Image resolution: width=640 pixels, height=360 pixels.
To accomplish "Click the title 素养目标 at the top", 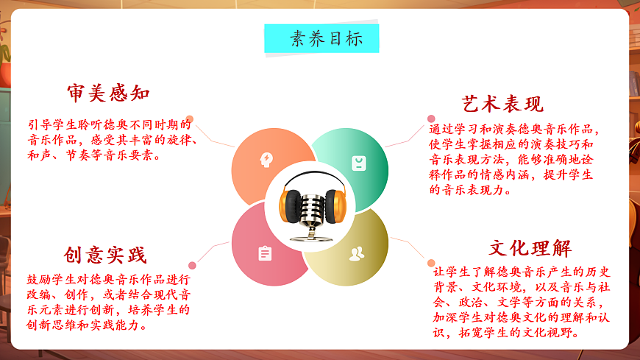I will (x=321, y=38).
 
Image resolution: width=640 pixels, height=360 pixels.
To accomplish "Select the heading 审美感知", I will (x=109, y=93).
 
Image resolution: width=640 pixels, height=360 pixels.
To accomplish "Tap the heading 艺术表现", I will (x=502, y=103).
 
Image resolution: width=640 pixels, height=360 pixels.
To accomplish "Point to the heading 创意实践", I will (x=105, y=255).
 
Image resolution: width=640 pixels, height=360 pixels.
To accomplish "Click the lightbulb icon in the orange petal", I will (x=266, y=159).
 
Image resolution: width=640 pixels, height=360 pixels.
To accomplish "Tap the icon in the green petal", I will (x=358, y=163).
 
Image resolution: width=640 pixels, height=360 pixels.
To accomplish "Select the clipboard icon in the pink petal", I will (x=265, y=254).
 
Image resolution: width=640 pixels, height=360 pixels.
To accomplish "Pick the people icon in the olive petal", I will (x=357, y=254).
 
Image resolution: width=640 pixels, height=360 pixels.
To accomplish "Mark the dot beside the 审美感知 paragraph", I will (x=190, y=119).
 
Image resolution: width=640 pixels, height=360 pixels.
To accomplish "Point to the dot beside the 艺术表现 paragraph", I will (x=432, y=117).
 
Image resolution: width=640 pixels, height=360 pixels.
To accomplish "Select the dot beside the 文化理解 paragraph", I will (x=431, y=263).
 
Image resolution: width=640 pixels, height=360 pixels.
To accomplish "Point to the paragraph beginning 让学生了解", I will (x=522, y=302).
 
